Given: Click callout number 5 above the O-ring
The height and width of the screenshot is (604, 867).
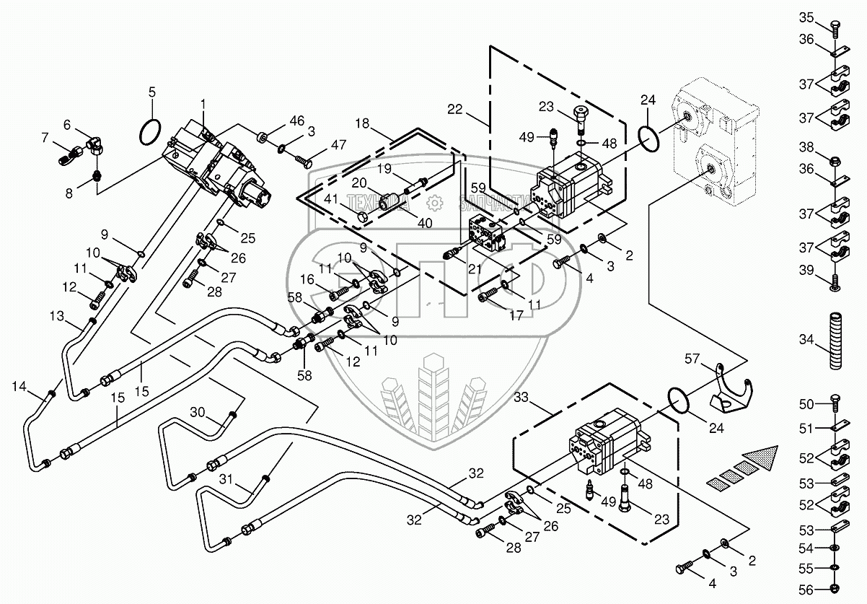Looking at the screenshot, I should (x=151, y=92).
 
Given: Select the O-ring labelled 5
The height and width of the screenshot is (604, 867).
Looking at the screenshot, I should (x=150, y=133).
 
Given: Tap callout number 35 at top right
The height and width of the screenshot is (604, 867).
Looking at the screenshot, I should (x=806, y=17).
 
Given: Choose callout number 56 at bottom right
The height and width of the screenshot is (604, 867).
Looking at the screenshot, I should (x=806, y=589).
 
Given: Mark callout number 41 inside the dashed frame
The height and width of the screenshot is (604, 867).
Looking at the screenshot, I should (x=330, y=198).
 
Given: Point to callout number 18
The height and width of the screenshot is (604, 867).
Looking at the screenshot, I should (x=361, y=125).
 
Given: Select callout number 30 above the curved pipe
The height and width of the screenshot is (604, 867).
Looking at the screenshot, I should (x=198, y=412).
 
